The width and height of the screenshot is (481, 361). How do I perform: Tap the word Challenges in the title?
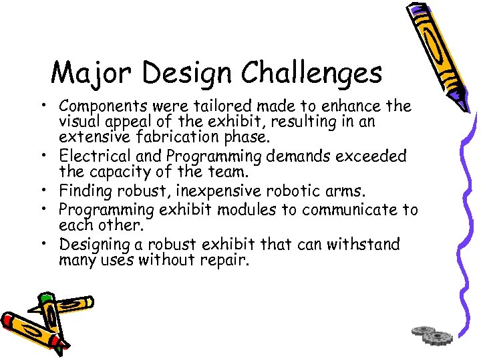tap(312, 73)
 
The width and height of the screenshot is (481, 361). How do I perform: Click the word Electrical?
tap(90, 156)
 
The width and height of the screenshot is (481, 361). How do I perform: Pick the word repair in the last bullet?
tap(224, 260)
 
